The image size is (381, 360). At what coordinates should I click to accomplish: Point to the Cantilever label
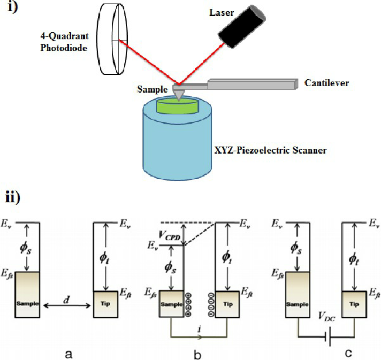click(326, 83)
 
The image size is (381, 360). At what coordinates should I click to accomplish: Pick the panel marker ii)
click(13, 196)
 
